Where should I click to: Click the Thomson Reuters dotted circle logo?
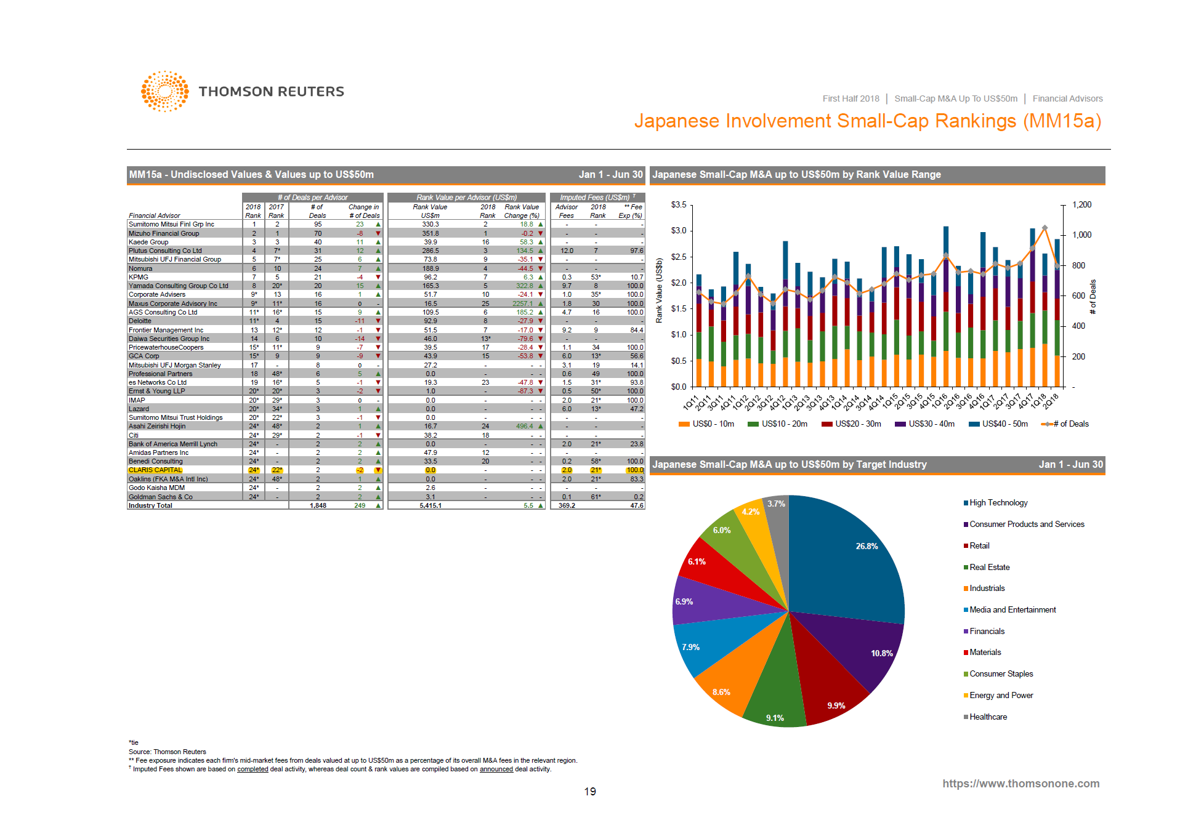pos(164,91)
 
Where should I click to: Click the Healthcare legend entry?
pos(988,717)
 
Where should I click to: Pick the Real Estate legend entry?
pos(989,567)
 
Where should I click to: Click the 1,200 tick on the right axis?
pos(1081,204)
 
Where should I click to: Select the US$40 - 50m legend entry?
pos(1004,424)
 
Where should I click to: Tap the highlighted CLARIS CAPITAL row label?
pos(155,470)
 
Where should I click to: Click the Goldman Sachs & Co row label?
pos(160,497)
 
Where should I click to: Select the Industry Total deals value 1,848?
pos(318,505)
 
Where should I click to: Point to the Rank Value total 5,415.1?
pos(430,505)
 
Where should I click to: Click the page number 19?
pos(590,792)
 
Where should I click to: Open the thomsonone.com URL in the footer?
pos(1020,783)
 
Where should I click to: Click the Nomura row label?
pos(140,268)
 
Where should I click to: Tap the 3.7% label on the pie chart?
pos(776,504)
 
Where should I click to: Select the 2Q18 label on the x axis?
pos(1052,400)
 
